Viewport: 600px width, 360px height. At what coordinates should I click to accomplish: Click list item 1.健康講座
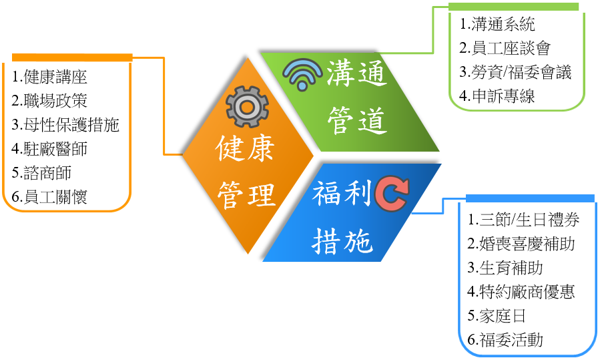pos(50,77)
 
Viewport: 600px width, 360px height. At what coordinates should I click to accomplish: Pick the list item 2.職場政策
pos(50,101)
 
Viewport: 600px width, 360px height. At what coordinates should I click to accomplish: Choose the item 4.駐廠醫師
pos(50,148)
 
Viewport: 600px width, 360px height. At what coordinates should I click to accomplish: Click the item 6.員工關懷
pos(50,196)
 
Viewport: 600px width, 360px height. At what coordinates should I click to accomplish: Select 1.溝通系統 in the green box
pos(498,25)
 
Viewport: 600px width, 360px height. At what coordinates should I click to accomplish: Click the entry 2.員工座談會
pos(506,49)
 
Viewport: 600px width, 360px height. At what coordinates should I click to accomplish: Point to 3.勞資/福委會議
pos(516,72)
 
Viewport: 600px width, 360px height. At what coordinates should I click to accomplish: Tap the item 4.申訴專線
pos(498,96)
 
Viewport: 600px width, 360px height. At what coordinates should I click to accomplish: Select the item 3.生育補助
pos(505,268)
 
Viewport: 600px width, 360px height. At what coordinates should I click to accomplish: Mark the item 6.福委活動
pos(505,340)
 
